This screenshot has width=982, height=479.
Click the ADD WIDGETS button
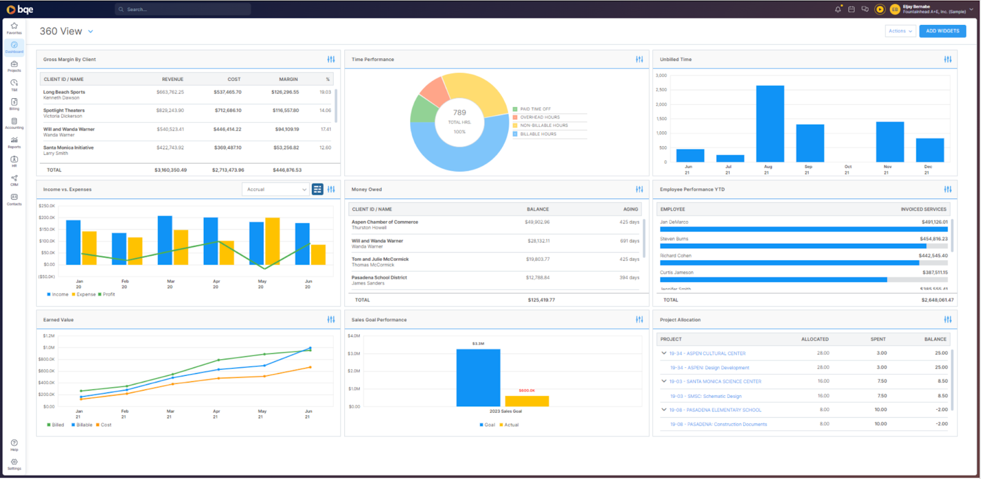point(942,31)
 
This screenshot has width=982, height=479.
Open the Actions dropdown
point(900,31)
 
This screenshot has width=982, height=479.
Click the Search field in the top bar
point(183,9)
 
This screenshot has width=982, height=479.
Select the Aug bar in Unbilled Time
point(770,123)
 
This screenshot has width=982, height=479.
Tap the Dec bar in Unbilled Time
point(929,150)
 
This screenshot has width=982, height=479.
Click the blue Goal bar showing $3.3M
point(478,378)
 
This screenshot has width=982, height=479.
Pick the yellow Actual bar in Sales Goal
point(527,401)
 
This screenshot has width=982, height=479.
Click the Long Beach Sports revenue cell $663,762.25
point(170,92)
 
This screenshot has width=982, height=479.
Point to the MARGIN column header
point(288,79)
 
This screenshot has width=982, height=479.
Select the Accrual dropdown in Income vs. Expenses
point(276,189)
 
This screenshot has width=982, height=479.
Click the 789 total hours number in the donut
point(460,112)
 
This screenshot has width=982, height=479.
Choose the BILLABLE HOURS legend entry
point(538,134)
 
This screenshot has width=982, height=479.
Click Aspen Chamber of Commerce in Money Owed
point(385,222)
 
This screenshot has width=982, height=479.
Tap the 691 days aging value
point(629,241)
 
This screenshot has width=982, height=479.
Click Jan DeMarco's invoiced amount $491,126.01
point(934,222)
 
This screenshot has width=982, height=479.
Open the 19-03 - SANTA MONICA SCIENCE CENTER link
point(715,381)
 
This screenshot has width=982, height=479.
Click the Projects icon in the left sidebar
point(14,66)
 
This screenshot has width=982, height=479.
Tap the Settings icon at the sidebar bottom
point(14,464)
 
